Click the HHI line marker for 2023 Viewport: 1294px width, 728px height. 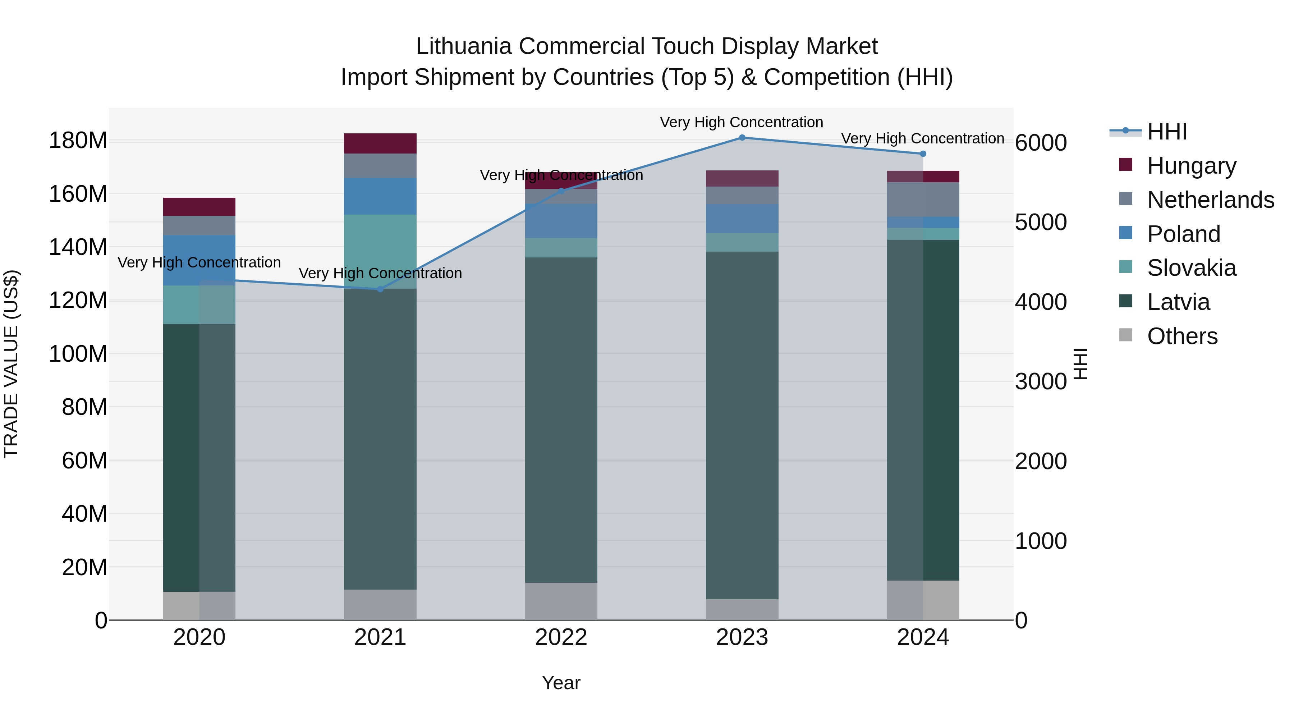pyautogui.click(x=742, y=138)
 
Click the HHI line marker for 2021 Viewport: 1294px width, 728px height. pyautogui.click(x=380, y=289)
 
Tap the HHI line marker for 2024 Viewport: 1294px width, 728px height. pyautogui.click(x=923, y=154)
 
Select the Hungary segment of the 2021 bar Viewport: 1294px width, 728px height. pyautogui.click(x=380, y=144)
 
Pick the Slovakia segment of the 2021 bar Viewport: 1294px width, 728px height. pyautogui.click(x=380, y=251)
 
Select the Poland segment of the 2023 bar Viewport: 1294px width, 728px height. pyautogui.click(x=742, y=219)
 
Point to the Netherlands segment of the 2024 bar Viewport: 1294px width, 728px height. pyautogui.click(x=923, y=200)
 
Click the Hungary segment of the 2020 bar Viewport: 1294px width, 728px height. pyautogui.click(x=199, y=206)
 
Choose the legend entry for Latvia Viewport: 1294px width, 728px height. pyautogui.click(x=1178, y=302)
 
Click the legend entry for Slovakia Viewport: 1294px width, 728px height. pyautogui.click(x=1190, y=268)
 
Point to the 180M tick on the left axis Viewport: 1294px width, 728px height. pyautogui.click(x=78, y=140)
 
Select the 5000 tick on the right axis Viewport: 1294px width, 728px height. pyautogui.click(x=1040, y=223)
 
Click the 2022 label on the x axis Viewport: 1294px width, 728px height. pyautogui.click(x=561, y=637)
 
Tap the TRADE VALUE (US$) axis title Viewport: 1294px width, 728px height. pyautogui.click(x=11, y=364)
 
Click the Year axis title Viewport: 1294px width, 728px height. pyautogui.click(x=561, y=683)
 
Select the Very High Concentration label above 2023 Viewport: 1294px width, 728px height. pyautogui.click(x=742, y=122)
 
